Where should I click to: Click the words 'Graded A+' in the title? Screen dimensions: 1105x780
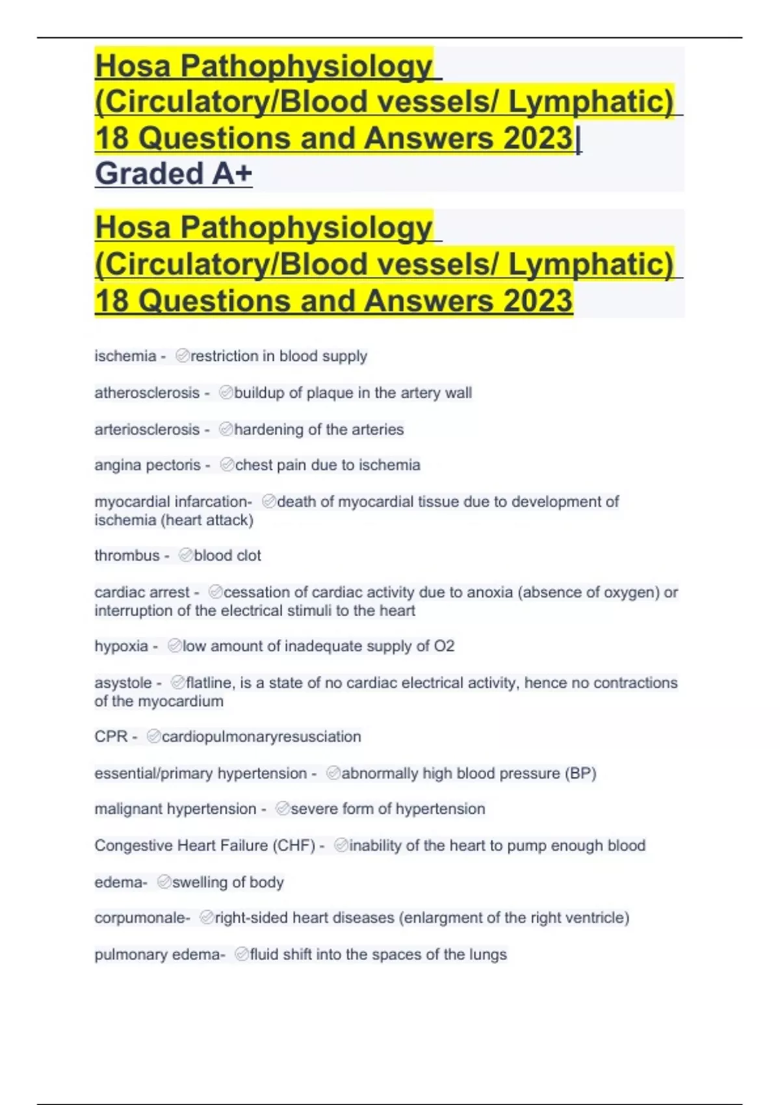point(174,174)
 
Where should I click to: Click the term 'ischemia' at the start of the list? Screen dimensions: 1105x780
point(125,356)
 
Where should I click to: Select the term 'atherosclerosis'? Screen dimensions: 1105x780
point(147,393)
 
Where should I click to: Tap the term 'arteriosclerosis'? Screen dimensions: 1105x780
point(147,430)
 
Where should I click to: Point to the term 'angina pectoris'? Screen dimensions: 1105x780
point(148,465)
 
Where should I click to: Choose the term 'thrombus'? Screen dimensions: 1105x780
point(127,556)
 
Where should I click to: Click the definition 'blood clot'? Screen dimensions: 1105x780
point(227,556)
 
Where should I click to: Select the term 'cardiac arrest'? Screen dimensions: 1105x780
point(142,593)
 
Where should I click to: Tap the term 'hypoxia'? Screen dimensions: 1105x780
point(122,647)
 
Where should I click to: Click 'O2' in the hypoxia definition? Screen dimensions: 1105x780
point(444,646)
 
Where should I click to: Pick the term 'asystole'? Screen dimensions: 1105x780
point(123,683)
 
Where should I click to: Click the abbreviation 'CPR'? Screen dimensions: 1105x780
point(111,737)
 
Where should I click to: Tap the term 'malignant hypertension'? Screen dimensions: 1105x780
point(175,809)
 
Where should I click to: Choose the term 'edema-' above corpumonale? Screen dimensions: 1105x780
point(120,883)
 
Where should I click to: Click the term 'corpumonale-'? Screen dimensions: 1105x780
point(142,918)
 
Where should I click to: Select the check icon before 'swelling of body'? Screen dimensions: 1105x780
point(164,882)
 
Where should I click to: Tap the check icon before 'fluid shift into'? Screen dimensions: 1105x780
point(242,954)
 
